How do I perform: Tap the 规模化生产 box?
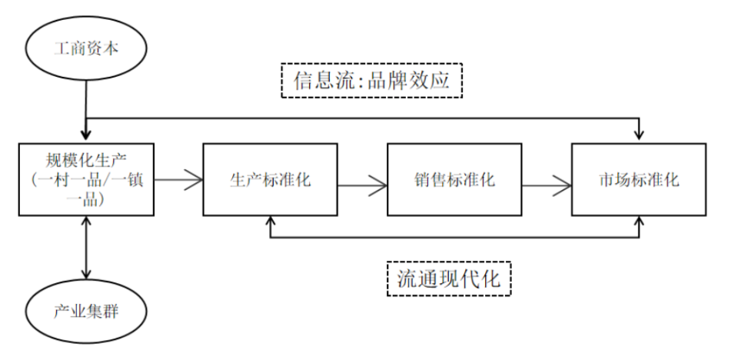click(x=87, y=178)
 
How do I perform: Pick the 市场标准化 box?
click(x=638, y=178)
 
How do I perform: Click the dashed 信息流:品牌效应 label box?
click(x=372, y=79)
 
